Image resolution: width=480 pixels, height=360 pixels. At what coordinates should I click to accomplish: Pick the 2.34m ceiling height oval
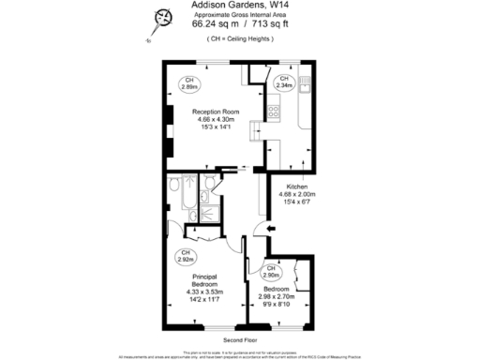[x=283, y=82]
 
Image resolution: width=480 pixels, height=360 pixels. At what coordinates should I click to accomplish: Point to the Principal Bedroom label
[x=205, y=281]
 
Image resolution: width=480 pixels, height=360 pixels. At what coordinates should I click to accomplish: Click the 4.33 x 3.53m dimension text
[x=205, y=294]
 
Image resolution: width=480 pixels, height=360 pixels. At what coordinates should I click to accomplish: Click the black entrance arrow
[x=271, y=230]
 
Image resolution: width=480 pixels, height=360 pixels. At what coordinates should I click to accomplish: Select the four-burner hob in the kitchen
[x=275, y=112]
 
